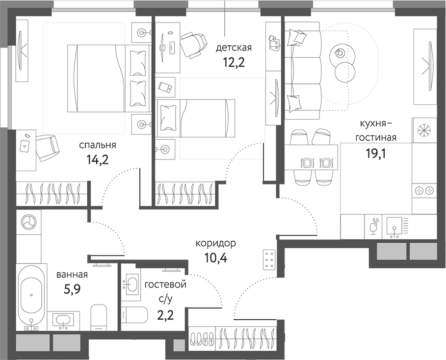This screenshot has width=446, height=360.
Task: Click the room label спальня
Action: pos(98,145)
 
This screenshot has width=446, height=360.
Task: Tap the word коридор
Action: pos(215,243)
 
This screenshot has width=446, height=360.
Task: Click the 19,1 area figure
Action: pos(375,153)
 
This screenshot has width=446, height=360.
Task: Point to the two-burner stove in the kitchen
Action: pos(424,190)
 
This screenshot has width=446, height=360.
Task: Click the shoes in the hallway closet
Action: pos(202,338)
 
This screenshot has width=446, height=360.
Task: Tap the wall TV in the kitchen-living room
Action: pos(425,66)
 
